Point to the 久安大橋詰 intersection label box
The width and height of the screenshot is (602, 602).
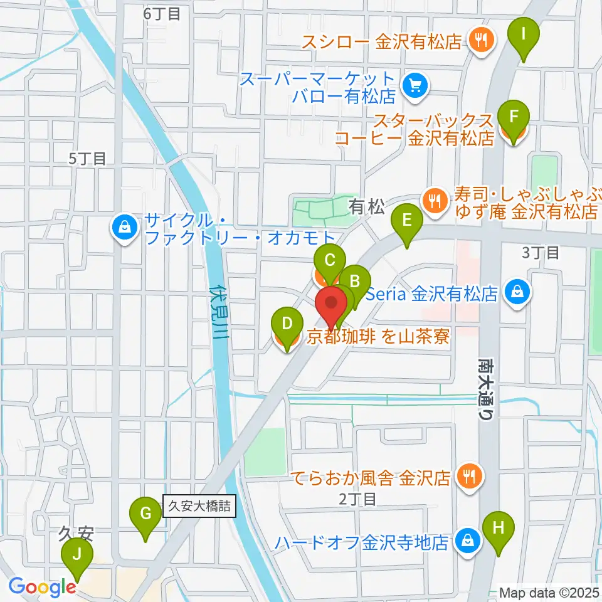tap(199, 506)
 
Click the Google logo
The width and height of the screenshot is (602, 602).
tap(42, 587)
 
